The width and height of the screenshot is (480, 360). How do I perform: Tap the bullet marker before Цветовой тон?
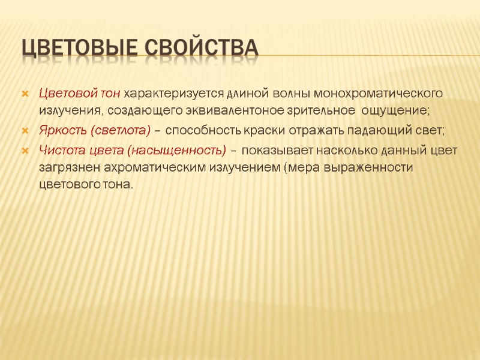25,94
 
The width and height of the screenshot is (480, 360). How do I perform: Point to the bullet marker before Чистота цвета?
25,150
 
